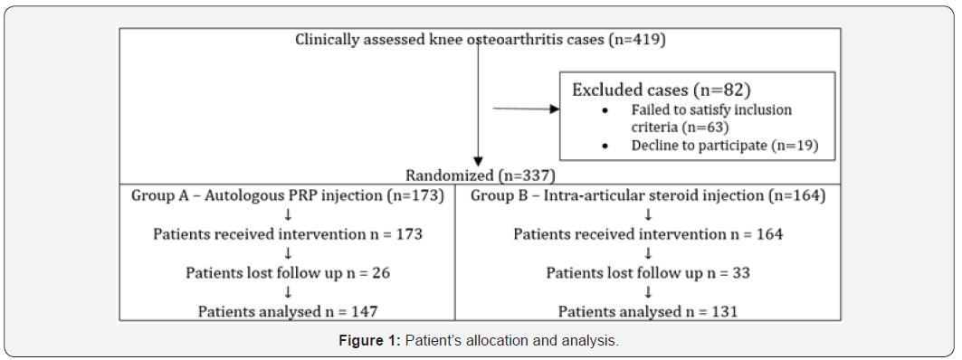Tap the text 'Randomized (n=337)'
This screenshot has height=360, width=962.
(481, 175)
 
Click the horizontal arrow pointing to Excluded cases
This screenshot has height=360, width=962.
(525, 109)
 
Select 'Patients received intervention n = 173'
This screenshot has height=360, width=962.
(287, 233)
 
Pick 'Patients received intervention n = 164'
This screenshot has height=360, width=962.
(648, 233)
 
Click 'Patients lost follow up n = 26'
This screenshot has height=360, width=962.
(287, 272)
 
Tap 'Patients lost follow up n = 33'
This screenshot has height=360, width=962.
(648, 272)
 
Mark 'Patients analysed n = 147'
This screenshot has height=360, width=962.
(287, 311)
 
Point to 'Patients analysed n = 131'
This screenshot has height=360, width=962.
(648, 311)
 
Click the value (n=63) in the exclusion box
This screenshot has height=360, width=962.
(707, 127)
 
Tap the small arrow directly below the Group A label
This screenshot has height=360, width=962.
(287, 214)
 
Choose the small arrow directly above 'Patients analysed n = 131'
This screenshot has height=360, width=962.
(648, 292)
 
